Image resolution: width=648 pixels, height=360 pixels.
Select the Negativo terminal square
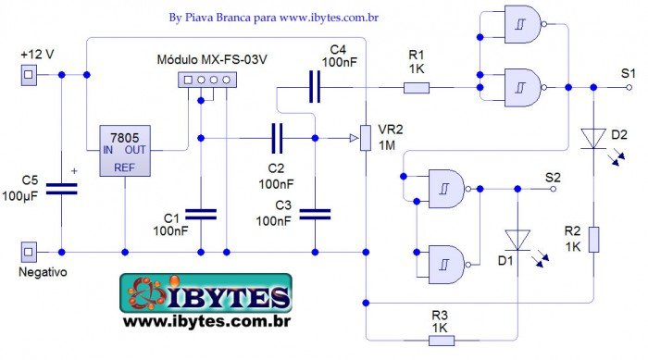29,251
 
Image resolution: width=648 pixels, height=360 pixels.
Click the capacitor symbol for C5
62,188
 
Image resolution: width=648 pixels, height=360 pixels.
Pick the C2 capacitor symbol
276,138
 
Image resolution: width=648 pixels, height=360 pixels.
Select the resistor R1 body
417,88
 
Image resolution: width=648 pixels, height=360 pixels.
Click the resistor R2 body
593,239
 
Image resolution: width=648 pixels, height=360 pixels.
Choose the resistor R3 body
440,340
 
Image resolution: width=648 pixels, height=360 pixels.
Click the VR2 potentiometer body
367,138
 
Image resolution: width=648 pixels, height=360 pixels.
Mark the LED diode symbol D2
593,139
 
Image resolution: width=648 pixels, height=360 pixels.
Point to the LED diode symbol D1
518,240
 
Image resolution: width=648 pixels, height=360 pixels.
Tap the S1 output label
628,73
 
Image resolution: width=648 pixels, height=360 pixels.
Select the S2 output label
553,175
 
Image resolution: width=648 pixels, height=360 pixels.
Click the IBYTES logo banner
206,294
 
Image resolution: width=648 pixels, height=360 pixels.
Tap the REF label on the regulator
125,168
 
